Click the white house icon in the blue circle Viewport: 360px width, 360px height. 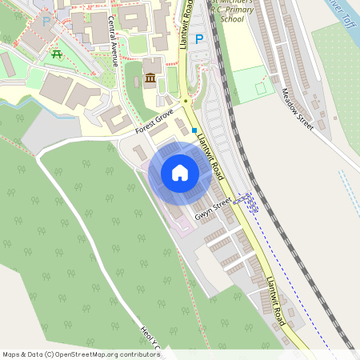179,173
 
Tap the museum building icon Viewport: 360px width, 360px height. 151,78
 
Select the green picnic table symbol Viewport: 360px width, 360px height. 57,54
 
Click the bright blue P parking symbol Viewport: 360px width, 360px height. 199,38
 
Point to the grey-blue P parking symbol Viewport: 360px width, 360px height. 46,22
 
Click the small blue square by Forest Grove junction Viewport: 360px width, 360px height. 194,130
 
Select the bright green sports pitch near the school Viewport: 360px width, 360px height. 250,84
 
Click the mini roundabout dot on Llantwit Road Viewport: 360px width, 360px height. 186,101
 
